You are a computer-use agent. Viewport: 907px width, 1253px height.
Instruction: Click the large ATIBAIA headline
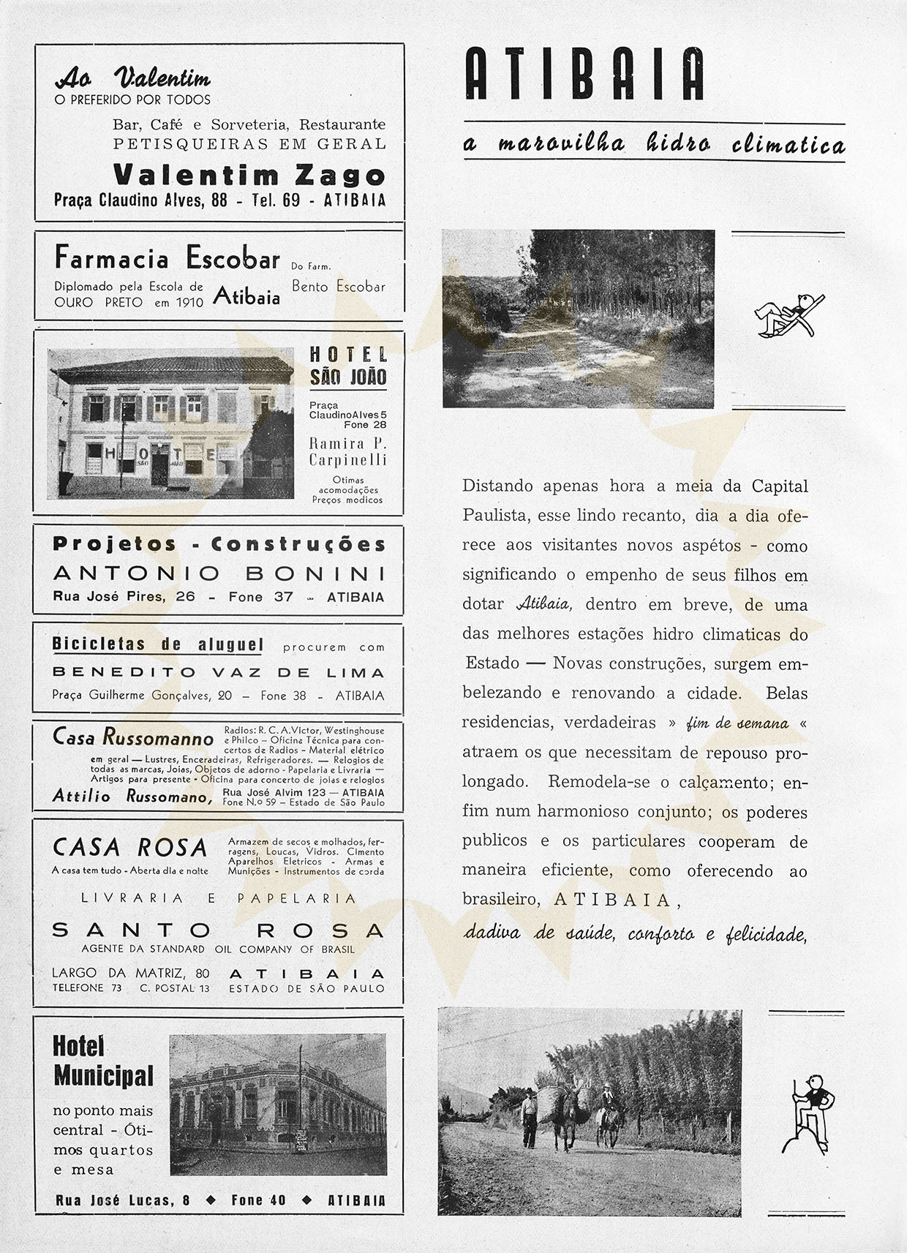tap(584, 74)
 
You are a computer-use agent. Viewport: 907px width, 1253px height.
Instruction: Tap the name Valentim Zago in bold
tap(249, 175)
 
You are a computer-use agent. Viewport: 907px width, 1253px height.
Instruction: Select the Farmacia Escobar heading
tap(168, 258)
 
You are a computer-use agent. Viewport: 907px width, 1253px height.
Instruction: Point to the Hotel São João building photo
tap(170, 424)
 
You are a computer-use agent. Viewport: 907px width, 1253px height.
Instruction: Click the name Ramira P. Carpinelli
tap(347, 451)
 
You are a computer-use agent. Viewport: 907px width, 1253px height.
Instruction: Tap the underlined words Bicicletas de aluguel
tap(157, 644)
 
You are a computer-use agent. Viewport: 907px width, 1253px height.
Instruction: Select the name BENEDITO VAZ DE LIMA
tap(218, 672)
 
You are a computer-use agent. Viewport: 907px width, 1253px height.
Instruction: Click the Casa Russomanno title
tap(133, 737)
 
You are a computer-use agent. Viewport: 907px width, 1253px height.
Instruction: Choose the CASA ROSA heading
tap(130, 847)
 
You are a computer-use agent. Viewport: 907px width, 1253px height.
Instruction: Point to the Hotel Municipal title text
tap(102, 1061)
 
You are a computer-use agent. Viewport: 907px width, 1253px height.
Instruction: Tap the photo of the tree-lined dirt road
tap(578, 318)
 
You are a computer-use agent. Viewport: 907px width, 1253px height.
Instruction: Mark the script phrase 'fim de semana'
tap(737, 723)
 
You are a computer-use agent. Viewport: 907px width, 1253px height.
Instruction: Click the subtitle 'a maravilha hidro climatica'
tap(654, 143)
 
